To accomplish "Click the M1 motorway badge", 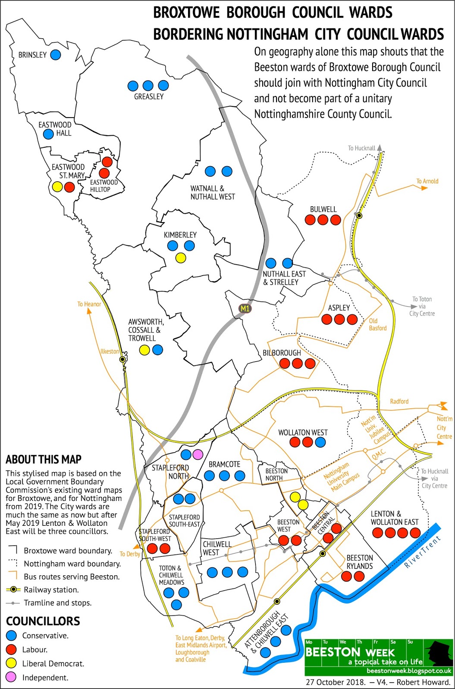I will pyautogui.click(x=245, y=308).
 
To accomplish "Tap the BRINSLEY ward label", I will pyautogui.click(x=32, y=55).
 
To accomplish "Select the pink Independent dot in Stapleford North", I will pyautogui.click(x=198, y=454).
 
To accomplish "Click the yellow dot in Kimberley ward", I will pyautogui.click(x=181, y=258).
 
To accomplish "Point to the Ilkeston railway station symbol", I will pyautogui.click(x=123, y=359).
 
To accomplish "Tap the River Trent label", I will pyautogui.click(x=423, y=552).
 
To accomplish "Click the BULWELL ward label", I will pyautogui.click(x=323, y=209).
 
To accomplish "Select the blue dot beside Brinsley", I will pyautogui.click(x=55, y=55).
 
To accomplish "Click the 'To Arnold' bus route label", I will pyautogui.click(x=427, y=181).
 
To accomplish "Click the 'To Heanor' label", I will pyautogui.click(x=89, y=304).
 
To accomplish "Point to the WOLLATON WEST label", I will pyautogui.click(x=303, y=432).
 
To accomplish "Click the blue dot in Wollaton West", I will pyautogui.click(x=320, y=442).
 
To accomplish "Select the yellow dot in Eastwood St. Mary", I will pyautogui.click(x=56, y=187).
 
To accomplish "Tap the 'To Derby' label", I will pyautogui.click(x=130, y=554).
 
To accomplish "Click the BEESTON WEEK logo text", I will pyautogui.click(x=339, y=652).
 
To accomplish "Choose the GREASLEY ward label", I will pyautogui.click(x=149, y=96).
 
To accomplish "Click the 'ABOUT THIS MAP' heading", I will pyautogui.click(x=44, y=459).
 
